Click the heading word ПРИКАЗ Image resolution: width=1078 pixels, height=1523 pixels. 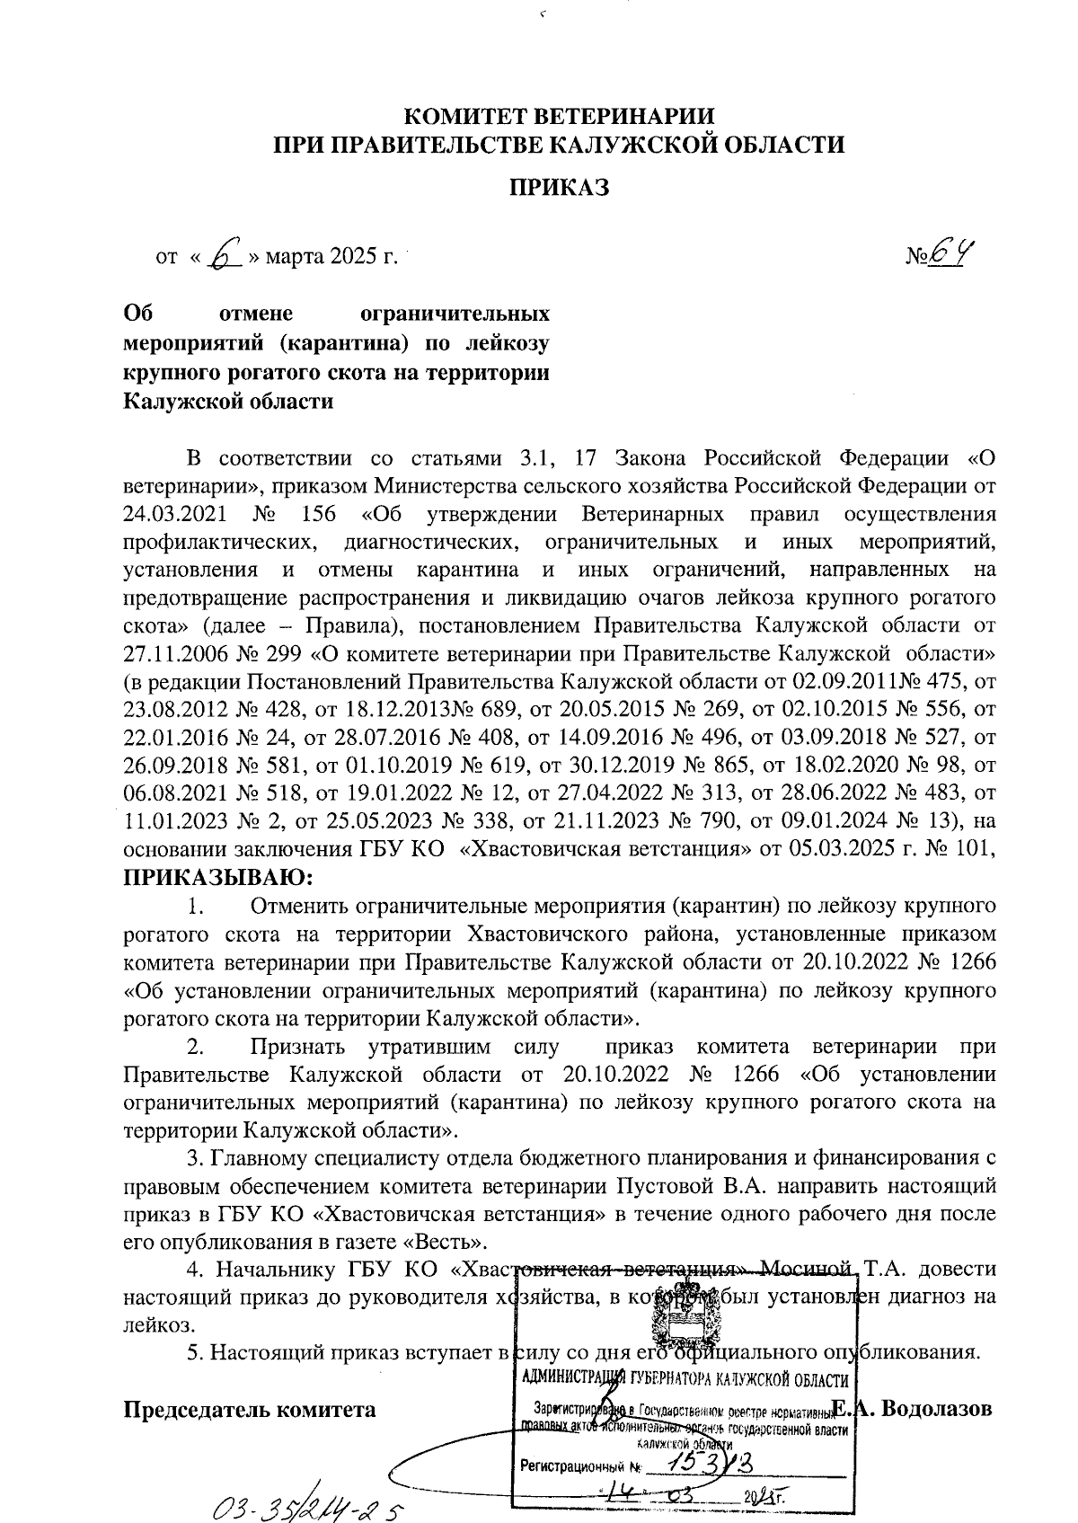point(560,188)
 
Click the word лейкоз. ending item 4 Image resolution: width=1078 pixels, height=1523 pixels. point(157,1325)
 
